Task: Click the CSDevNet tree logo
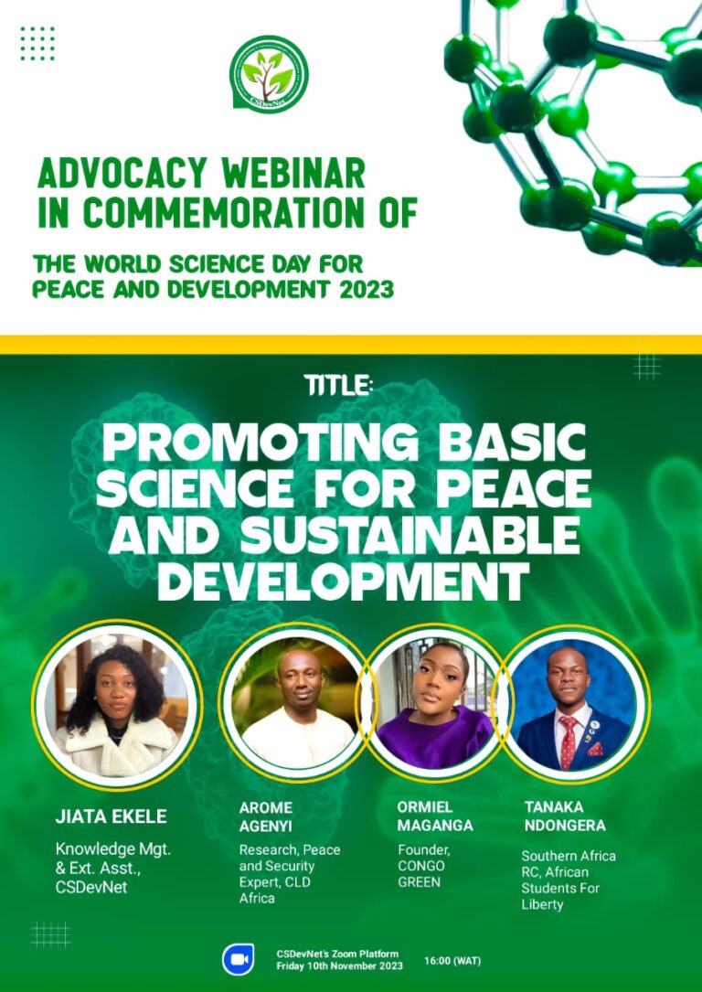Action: (269, 75)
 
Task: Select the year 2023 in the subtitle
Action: (367, 289)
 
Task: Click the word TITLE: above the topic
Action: (337, 385)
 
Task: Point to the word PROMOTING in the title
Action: (260, 443)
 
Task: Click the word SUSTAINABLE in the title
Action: (409, 535)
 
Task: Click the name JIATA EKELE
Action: (112, 816)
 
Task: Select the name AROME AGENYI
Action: (266, 816)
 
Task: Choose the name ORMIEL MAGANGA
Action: (435, 816)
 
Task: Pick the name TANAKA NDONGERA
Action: (565, 816)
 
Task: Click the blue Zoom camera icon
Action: (239, 959)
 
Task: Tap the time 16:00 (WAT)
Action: (452, 961)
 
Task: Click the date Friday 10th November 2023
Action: (340, 966)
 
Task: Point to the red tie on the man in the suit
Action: (568, 741)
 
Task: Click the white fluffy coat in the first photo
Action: (116, 748)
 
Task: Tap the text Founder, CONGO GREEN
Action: (423, 866)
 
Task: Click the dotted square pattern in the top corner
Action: (37, 44)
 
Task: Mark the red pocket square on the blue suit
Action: (596, 749)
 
